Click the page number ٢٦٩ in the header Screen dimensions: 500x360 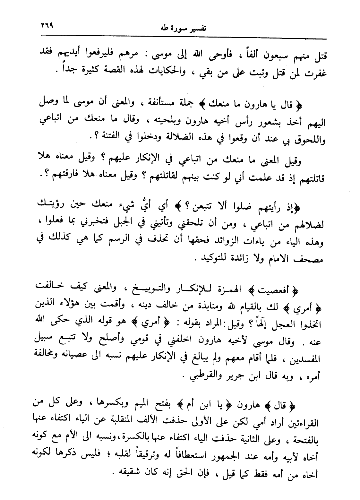(45, 24)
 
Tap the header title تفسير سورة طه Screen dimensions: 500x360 (183, 28)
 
